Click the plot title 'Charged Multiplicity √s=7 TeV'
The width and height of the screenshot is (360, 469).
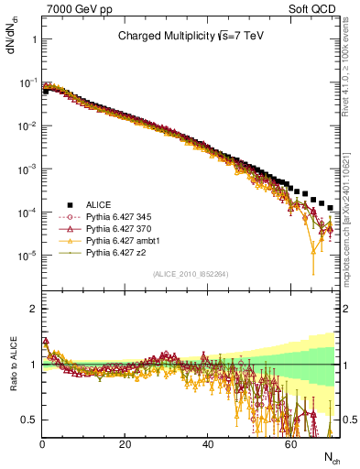tap(191, 38)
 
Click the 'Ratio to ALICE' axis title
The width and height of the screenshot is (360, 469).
tap(12, 364)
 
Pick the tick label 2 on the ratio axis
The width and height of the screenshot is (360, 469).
tap(34, 309)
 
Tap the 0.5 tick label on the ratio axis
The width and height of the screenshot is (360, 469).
tap(29, 420)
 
